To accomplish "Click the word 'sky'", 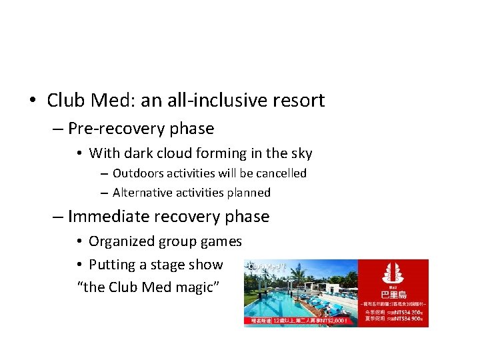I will pyautogui.click(x=301, y=153).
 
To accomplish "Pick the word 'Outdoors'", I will pyautogui.click(x=138, y=173).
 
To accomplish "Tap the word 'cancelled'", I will pyautogui.click(x=281, y=173).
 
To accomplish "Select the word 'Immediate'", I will pyautogui.click(x=107, y=217).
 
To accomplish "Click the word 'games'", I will pyautogui.click(x=223, y=241).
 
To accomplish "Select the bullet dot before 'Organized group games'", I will pyautogui.click(x=79, y=242).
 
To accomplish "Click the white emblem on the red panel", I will pyautogui.click(x=393, y=274).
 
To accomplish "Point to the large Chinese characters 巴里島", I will pyautogui.click(x=393, y=294).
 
